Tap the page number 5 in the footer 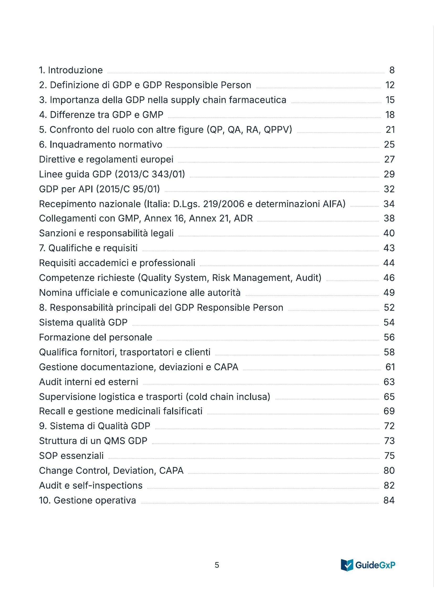217,565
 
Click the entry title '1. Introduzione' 71,70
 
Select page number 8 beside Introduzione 392,70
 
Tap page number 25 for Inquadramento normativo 389,144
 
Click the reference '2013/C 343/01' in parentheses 150,174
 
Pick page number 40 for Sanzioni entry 389,233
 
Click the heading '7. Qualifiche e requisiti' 88,248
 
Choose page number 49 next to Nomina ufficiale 389,293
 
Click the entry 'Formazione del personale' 96,338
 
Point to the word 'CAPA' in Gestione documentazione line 226,367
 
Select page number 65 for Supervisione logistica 389,397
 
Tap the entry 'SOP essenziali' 71,456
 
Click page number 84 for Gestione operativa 389,500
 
